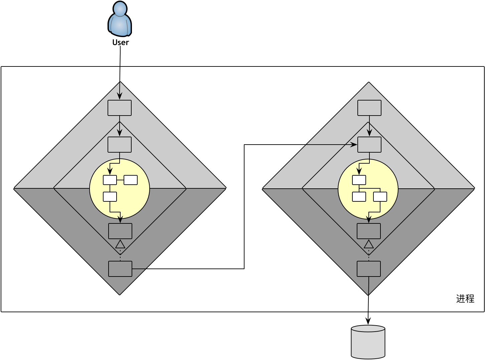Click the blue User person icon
120,19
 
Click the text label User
121,42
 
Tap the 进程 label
465,299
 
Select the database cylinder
368,342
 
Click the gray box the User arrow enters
120,108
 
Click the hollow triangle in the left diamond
120,244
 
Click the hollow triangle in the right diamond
369,244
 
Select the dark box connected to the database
369,269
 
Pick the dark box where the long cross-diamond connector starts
120,269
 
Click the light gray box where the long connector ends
369,145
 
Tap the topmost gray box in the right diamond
369,108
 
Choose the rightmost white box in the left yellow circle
131,180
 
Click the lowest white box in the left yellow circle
110,197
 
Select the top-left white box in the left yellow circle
110,180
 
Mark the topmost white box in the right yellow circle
359,180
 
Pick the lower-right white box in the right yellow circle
380,197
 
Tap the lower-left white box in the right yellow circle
359,197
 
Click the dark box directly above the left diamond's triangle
120,231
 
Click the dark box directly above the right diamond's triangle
369,231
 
